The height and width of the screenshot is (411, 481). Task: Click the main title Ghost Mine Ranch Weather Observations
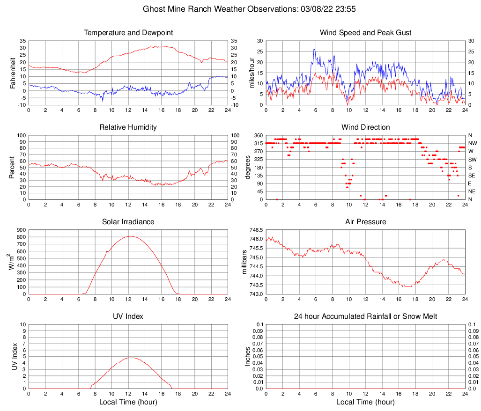tap(241, 9)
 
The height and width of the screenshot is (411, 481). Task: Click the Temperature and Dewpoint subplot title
tap(128, 33)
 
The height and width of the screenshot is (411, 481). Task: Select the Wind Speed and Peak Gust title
tap(365, 33)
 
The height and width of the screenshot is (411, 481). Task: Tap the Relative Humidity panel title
tap(128, 127)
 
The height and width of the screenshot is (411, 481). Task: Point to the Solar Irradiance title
tap(128, 222)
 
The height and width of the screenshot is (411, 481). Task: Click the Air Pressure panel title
tap(365, 222)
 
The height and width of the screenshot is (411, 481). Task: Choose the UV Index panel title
tap(128, 316)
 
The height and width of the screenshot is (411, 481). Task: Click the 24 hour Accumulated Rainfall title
tap(365, 316)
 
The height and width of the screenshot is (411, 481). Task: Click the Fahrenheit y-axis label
tap(12, 73)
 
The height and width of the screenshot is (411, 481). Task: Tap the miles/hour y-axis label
tap(251, 73)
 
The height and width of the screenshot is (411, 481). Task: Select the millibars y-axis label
tap(244, 262)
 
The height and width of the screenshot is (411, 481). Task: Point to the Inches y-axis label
tap(248, 357)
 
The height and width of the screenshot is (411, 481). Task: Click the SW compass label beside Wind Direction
tap(472, 160)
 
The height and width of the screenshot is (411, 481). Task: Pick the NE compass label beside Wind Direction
tap(472, 191)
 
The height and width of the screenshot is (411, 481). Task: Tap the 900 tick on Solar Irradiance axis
tap(20, 230)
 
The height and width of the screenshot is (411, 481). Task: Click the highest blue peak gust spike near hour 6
tap(314, 50)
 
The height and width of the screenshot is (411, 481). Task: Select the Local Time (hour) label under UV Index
tap(128, 402)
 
